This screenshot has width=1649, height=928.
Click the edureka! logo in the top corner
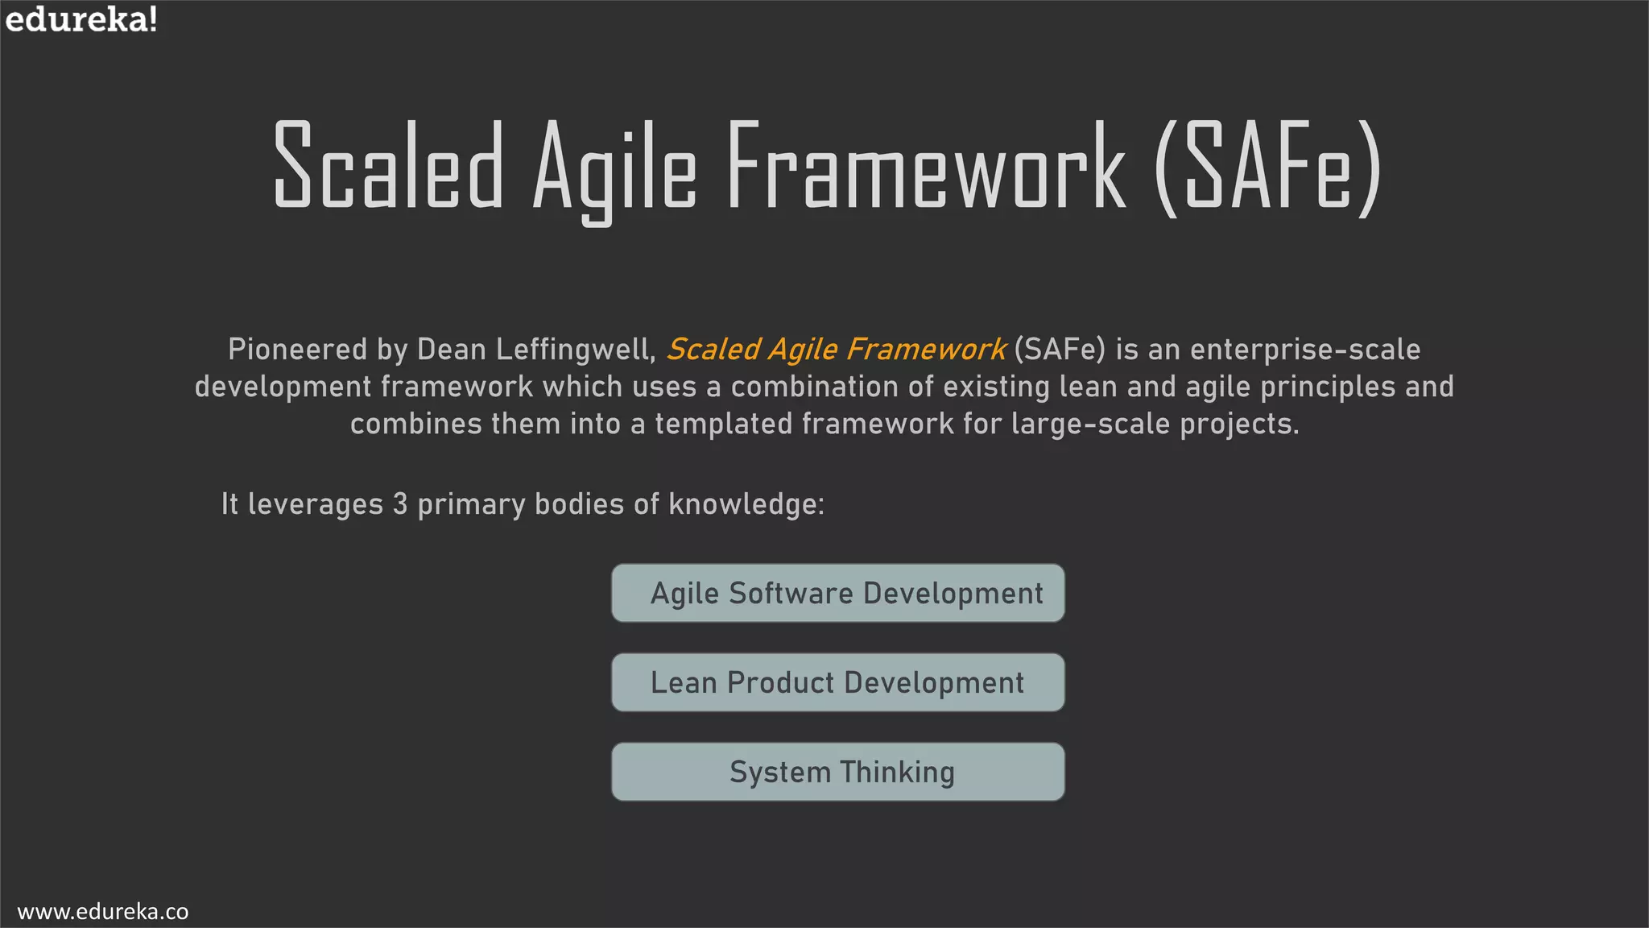pyautogui.click(x=81, y=19)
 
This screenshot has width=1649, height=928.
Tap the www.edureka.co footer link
pyautogui.click(x=102, y=911)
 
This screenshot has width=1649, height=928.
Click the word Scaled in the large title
pyautogui.click(x=388, y=166)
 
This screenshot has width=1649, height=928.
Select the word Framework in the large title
pyautogui.click(x=925, y=166)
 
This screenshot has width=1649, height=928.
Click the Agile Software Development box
pyautogui.click(x=837, y=594)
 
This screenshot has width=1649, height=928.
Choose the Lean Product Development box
pyautogui.click(x=837, y=683)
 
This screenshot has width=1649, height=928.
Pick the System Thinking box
pyautogui.click(x=837, y=773)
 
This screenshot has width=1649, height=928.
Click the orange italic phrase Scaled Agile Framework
pyautogui.click(x=836, y=350)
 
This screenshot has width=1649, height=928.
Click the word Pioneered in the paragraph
pyautogui.click(x=297, y=350)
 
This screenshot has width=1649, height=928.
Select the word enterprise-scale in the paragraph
pyautogui.click(x=1305, y=350)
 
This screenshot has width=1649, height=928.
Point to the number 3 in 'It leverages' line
pyautogui.click(x=400, y=504)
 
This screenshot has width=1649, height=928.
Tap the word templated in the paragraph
pyautogui.click(x=723, y=424)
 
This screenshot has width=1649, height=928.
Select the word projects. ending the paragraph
pyautogui.click(x=1239, y=424)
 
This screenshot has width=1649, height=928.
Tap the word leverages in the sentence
pyautogui.click(x=315, y=504)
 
